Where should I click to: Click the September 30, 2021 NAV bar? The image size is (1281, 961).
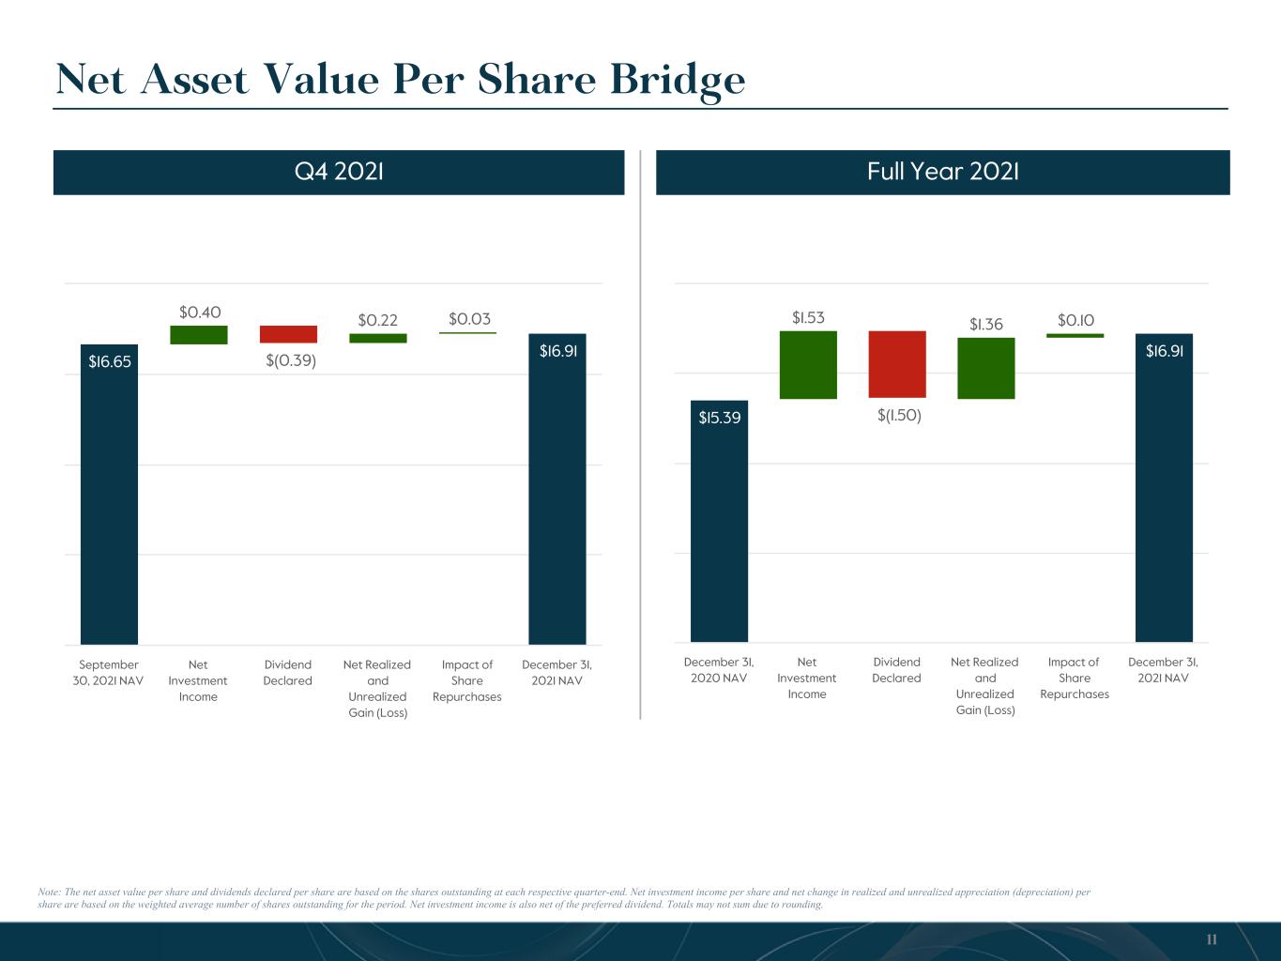109,495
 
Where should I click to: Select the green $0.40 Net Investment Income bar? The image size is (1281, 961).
198,335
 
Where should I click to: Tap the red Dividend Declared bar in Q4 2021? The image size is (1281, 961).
288,334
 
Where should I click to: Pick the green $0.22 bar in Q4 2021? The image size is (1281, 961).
378,339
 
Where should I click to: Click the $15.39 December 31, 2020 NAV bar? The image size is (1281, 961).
719,521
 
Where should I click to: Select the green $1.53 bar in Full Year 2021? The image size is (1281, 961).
808,365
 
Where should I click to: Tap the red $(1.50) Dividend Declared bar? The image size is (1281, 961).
897,364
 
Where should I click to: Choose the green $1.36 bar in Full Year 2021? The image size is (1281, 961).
986,368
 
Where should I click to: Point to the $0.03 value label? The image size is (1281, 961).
469,318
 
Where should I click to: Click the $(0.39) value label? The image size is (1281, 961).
291,360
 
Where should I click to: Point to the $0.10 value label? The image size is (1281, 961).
1075,320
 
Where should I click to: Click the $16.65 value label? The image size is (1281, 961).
110,361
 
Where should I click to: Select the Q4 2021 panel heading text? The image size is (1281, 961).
339,172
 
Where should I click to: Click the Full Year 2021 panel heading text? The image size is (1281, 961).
942,172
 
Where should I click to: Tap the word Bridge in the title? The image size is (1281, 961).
678,81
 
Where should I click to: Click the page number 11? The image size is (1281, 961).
1212,939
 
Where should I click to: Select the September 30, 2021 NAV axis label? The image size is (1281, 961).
108,673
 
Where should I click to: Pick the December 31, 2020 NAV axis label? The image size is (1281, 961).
719,670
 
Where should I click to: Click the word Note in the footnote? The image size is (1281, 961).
49,892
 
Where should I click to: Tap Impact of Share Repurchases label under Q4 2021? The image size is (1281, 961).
466,680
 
